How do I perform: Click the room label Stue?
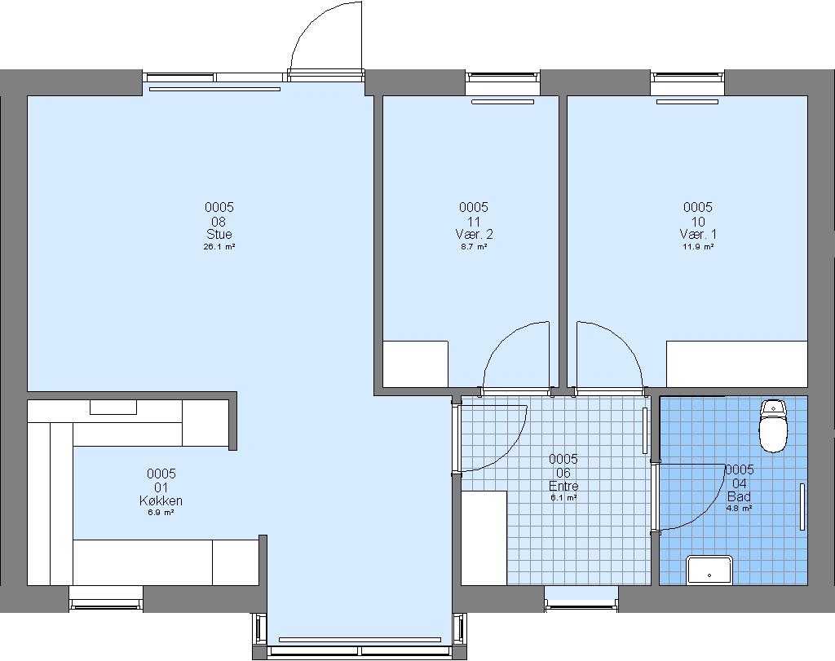tap(219, 234)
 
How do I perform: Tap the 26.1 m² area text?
tap(219, 247)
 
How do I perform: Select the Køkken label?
tap(161, 500)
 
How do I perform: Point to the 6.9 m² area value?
tap(161, 513)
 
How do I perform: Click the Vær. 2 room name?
tap(474, 234)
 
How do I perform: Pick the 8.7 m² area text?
tap(474, 247)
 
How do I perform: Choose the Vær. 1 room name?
tap(698, 234)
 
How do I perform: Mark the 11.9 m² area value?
tap(698, 247)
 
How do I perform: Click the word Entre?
tap(563, 486)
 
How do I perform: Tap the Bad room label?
tap(739, 496)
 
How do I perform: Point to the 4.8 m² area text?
tap(739, 509)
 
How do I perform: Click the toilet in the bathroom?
tap(773, 425)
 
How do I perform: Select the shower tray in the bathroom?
tap(709, 570)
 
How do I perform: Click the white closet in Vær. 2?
tap(415, 364)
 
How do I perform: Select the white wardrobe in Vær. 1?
tap(737, 364)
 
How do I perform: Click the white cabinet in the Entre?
tap(484, 538)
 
